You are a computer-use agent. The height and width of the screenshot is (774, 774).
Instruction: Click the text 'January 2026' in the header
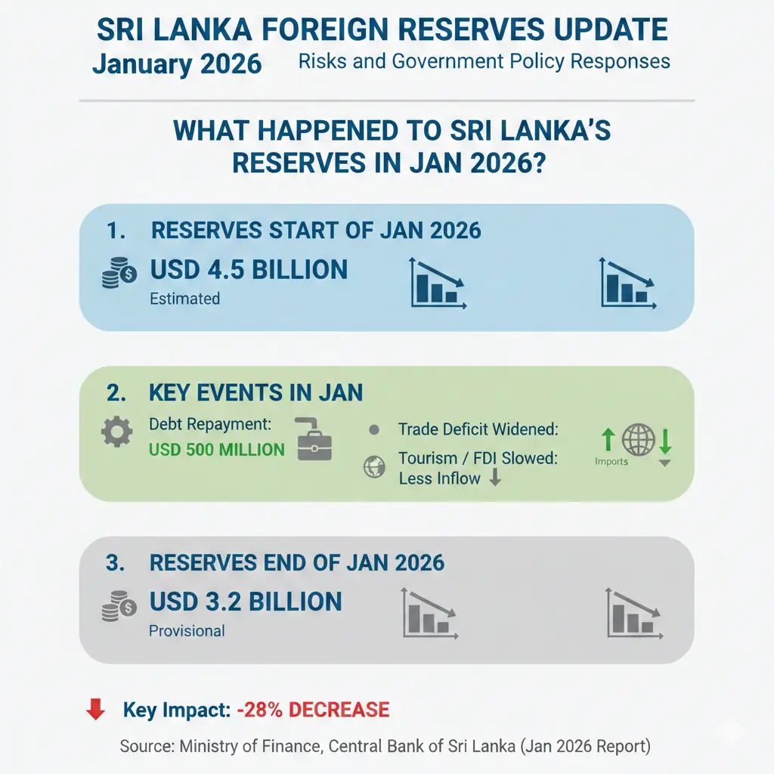coord(177,63)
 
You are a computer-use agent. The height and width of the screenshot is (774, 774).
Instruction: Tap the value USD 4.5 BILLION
coord(249,270)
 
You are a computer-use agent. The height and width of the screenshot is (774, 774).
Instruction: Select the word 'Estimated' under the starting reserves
coord(184,299)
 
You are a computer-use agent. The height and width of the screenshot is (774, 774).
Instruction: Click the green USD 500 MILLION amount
coord(216,450)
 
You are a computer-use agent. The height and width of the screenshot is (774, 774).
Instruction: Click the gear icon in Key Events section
coord(116,434)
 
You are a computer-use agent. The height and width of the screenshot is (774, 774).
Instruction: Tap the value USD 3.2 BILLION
coord(246,602)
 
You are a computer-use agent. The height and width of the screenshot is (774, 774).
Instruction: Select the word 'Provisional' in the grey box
coord(187,630)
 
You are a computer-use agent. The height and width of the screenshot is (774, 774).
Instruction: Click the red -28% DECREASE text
coord(312,710)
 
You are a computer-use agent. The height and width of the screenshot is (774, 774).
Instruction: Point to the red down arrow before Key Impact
coord(96,709)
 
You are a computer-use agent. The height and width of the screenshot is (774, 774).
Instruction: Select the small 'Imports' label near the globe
coord(611,461)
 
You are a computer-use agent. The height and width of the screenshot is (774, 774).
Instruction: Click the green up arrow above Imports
coord(608,439)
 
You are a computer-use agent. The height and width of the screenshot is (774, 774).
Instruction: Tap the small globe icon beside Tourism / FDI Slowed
coord(374,467)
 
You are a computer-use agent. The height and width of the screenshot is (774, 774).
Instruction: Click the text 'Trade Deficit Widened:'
coord(478,429)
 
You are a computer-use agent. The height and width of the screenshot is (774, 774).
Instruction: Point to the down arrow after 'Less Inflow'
coord(495,477)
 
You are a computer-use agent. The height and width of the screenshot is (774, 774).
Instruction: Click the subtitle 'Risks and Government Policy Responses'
coord(484,60)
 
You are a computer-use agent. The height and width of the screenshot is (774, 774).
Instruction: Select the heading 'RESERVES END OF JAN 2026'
coord(296,563)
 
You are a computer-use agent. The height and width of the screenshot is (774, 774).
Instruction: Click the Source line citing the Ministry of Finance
coord(385,747)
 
